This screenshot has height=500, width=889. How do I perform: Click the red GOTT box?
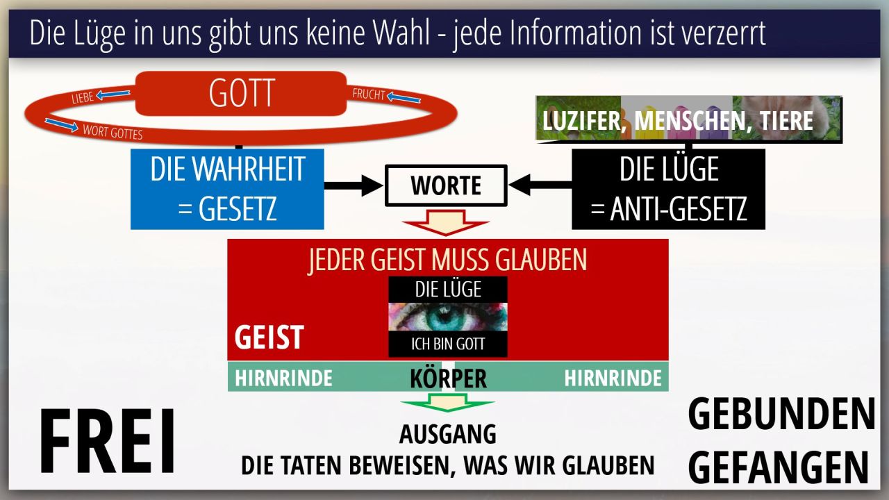(241, 94)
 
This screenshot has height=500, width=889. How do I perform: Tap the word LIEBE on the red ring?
(83, 98)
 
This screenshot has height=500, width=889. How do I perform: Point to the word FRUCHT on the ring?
(369, 94)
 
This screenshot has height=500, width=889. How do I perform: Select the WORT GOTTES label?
(113, 132)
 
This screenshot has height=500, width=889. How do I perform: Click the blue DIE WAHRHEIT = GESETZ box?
(227, 190)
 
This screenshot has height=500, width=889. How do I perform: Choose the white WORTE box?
(446, 185)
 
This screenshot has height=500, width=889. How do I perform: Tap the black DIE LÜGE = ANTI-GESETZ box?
(668, 190)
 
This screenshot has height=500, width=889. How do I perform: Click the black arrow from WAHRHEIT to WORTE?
(354, 185)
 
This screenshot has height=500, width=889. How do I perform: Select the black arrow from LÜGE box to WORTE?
(540, 185)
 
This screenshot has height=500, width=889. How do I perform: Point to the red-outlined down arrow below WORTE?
(446, 223)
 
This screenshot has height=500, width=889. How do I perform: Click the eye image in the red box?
(448, 317)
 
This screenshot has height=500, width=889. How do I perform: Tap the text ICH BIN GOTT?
(448, 344)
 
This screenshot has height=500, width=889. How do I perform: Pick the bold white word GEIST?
(269, 337)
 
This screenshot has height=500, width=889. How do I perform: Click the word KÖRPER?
(448, 378)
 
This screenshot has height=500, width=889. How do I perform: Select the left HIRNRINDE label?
(283, 378)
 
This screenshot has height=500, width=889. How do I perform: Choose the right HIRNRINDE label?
(613, 378)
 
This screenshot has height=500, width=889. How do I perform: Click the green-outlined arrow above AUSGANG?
(448, 403)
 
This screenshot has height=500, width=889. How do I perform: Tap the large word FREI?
(107, 441)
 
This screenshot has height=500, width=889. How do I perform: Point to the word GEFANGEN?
(779, 468)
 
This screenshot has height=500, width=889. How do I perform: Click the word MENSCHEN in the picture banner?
(690, 121)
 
